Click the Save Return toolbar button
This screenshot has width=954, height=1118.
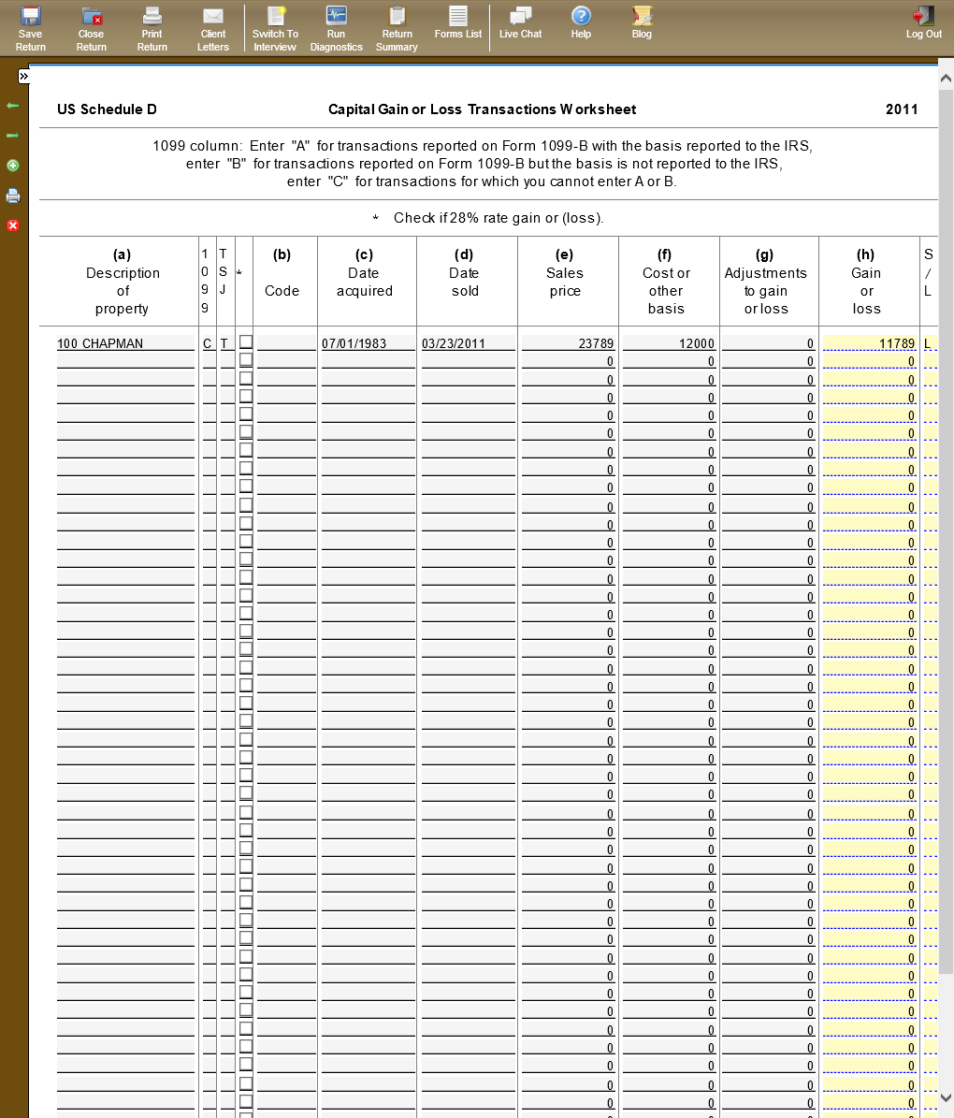click(31, 27)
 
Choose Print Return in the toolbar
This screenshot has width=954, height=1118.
click(152, 27)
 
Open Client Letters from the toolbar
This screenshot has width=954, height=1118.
click(213, 27)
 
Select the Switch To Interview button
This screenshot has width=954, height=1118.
click(275, 27)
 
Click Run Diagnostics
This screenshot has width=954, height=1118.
click(336, 27)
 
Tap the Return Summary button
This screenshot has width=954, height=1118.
click(397, 27)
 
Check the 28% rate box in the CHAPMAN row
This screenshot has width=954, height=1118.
click(246, 342)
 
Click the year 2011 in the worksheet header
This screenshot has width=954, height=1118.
click(902, 109)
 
